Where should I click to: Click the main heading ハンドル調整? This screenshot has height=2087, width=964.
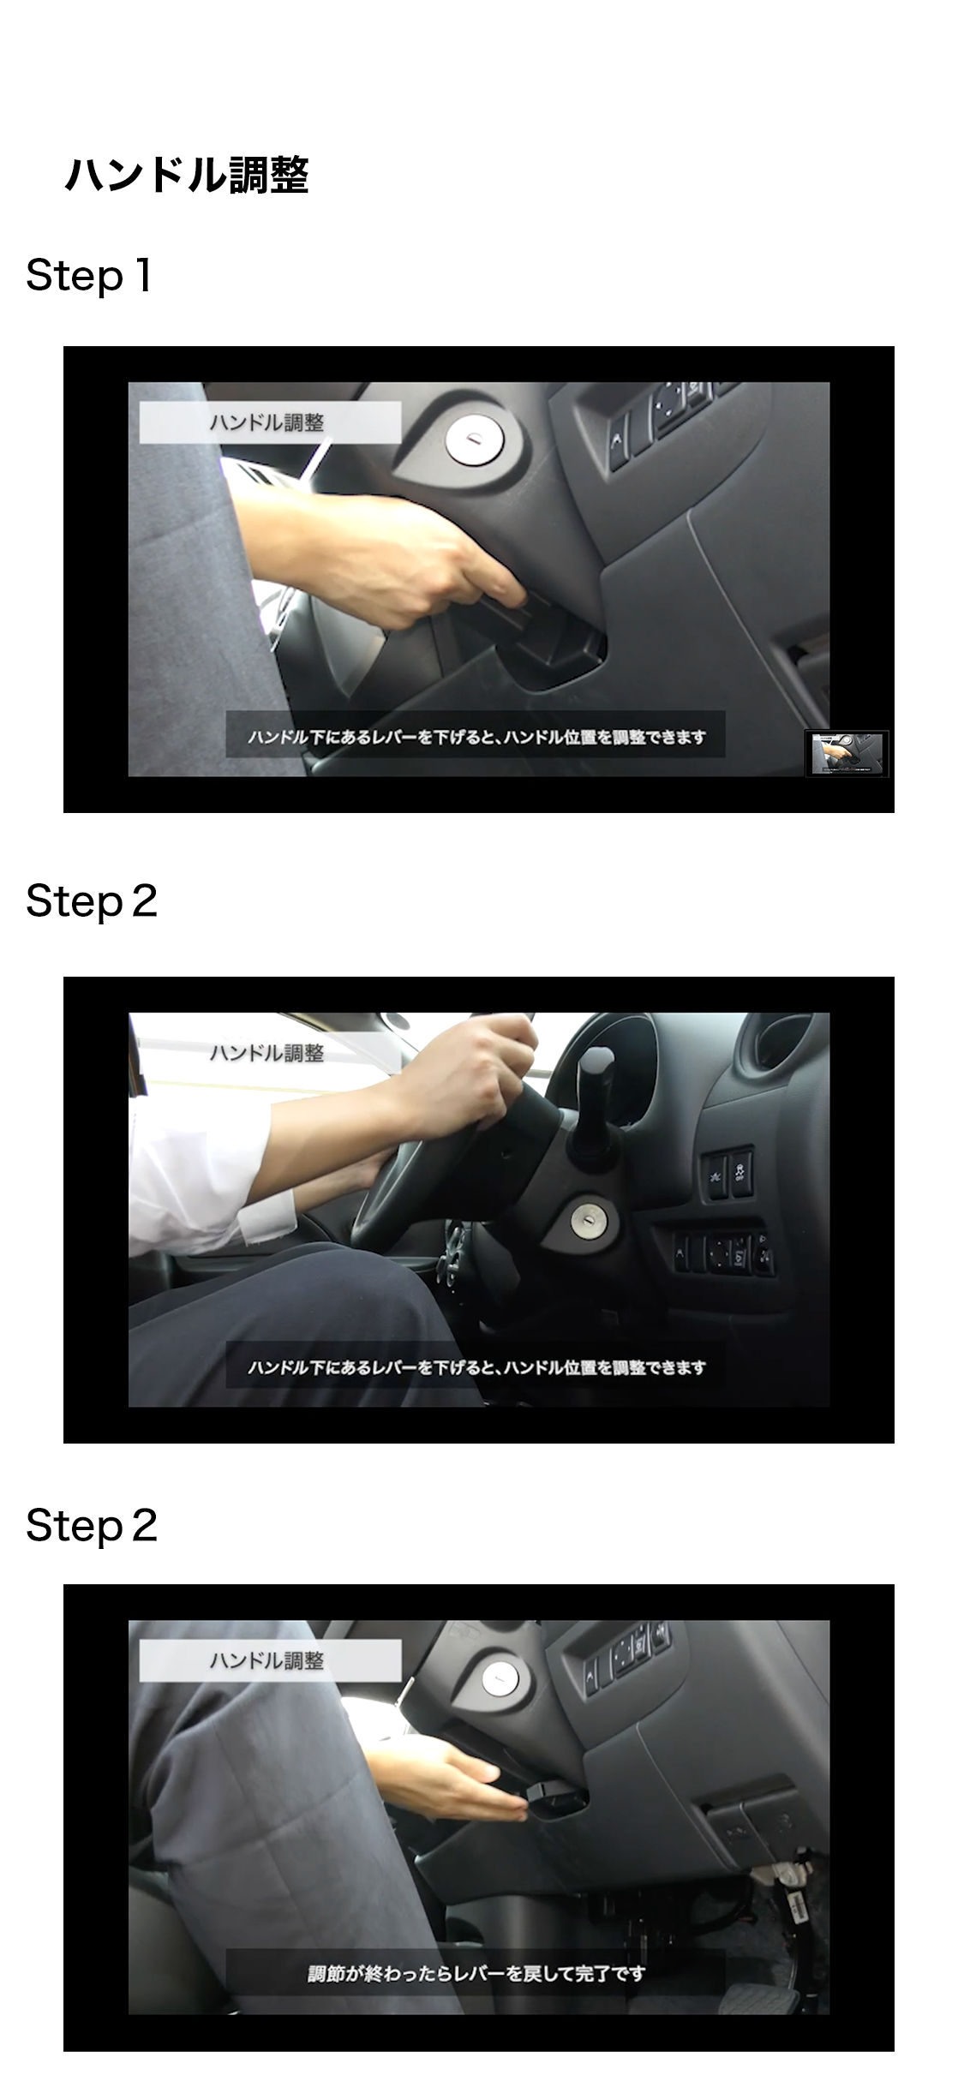[x=187, y=176]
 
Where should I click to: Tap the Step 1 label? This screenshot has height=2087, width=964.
[x=89, y=276]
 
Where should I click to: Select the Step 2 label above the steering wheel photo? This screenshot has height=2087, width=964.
[x=92, y=901]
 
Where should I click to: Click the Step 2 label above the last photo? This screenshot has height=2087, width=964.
[x=92, y=1526]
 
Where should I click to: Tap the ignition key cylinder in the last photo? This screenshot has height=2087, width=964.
[x=498, y=1679]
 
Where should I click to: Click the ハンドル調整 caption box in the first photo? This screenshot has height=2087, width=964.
[x=270, y=422]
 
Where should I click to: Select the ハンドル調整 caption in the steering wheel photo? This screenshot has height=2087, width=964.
[x=267, y=1053]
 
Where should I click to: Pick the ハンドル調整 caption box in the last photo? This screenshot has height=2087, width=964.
[x=270, y=1660]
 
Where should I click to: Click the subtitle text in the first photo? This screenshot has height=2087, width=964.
[x=476, y=737]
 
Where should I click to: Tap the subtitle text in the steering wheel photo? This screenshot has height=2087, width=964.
[x=476, y=1367]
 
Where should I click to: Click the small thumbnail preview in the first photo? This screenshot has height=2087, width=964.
[x=847, y=753]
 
